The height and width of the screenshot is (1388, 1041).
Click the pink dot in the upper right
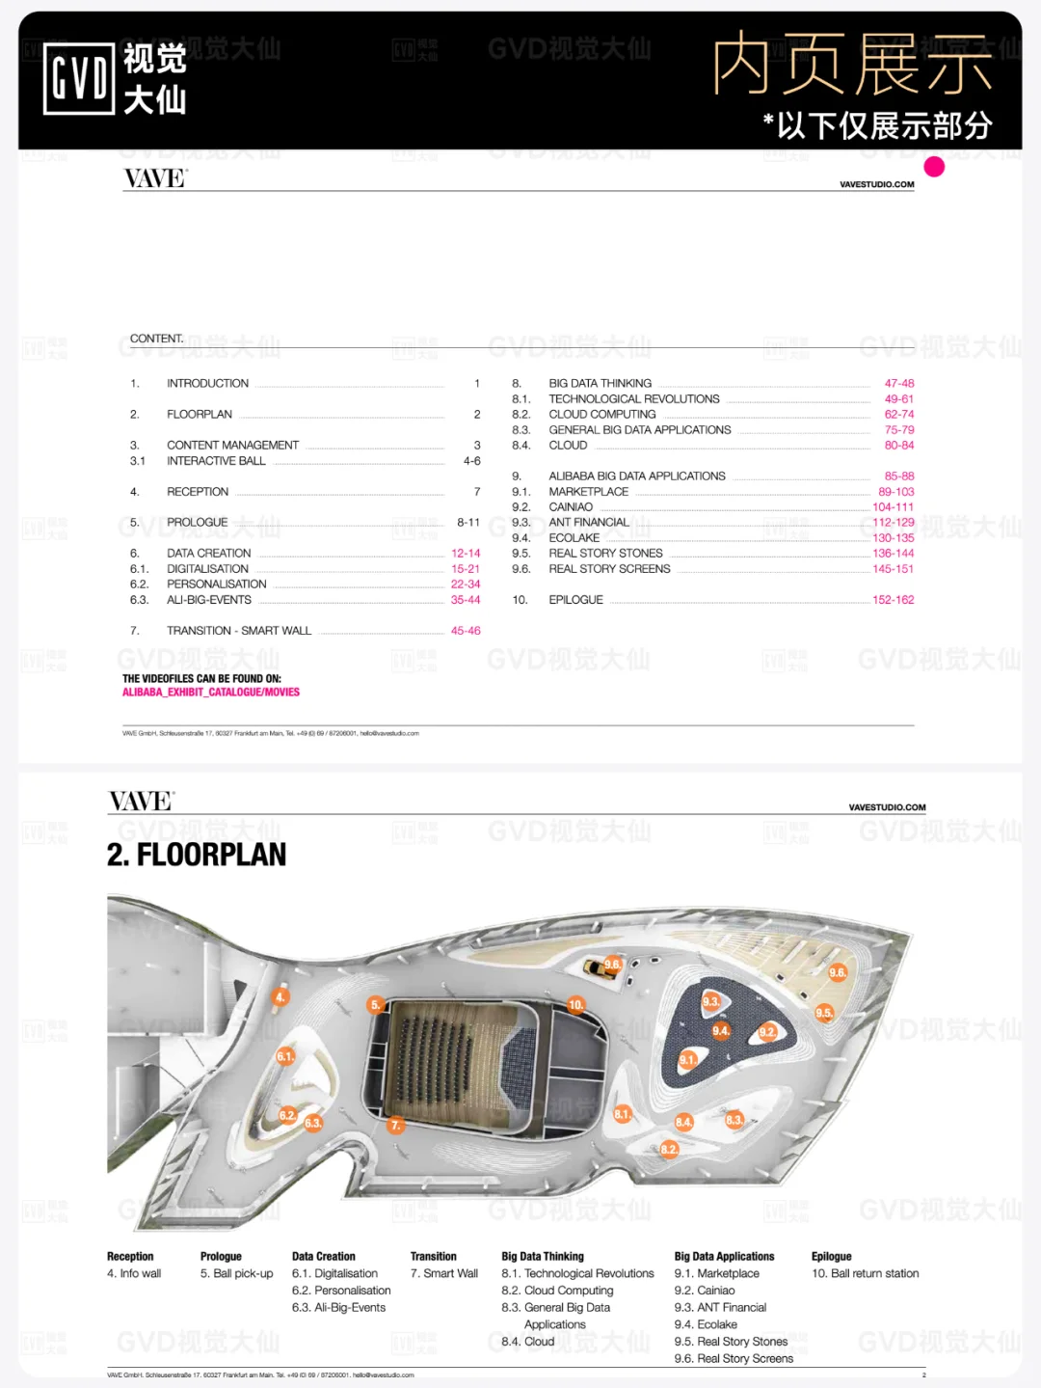(x=934, y=167)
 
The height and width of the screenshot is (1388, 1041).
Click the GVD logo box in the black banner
(x=79, y=79)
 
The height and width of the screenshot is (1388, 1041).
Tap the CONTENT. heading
(x=156, y=339)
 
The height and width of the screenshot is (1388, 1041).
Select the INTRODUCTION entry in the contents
(x=207, y=384)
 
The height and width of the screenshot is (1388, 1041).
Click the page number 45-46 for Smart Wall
(x=466, y=631)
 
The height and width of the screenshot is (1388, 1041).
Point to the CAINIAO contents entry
(x=571, y=507)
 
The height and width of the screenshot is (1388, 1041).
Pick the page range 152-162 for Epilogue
(x=893, y=600)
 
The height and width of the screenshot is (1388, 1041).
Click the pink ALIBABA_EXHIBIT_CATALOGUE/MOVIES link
(x=211, y=693)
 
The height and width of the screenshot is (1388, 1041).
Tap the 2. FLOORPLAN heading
(x=197, y=855)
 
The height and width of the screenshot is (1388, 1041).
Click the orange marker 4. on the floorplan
(x=280, y=997)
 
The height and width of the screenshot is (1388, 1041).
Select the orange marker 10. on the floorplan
(x=576, y=1005)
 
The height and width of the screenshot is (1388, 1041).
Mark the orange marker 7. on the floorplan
(x=395, y=1125)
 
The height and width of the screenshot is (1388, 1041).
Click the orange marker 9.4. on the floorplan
(x=721, y=1031)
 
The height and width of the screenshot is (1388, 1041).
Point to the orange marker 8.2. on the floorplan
(x=669, y=1149)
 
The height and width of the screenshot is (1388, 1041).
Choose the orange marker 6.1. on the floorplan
(x=285, y=1056)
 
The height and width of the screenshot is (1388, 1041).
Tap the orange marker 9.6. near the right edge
(x=838, y=972)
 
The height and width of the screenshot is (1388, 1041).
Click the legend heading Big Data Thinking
(x=543, y=1257)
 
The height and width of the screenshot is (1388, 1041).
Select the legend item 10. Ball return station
(x=865, y=1274)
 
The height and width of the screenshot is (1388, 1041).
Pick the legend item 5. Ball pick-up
(x=236, y=1274)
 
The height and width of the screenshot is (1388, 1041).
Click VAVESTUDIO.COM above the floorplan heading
(x=887, y=807)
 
